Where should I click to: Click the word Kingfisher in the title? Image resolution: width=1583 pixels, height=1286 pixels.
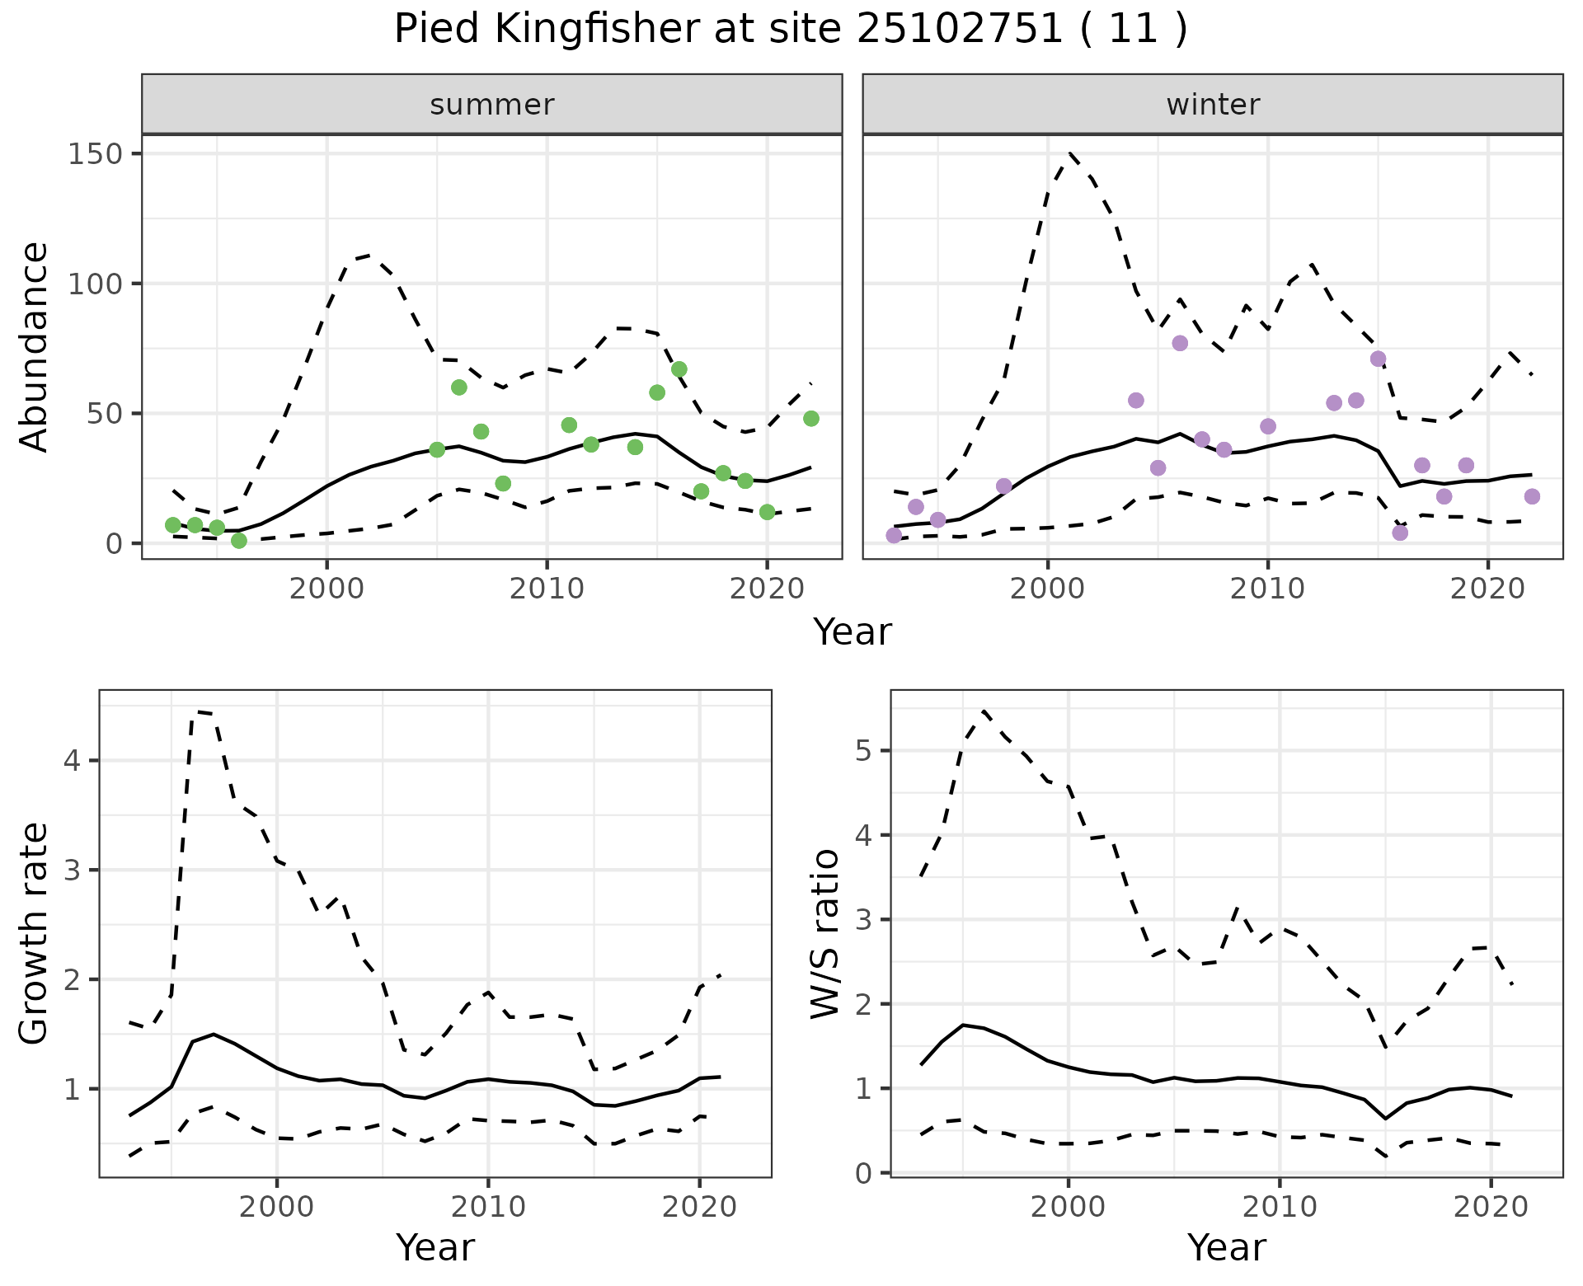586,30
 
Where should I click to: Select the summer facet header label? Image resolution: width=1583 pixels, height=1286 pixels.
492,105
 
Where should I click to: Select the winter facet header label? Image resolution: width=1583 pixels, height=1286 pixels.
1213,105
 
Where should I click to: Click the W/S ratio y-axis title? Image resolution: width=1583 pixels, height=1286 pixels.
824,934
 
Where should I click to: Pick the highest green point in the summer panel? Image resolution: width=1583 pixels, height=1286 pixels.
679,369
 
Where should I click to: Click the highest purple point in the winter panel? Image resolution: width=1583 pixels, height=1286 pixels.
1180,343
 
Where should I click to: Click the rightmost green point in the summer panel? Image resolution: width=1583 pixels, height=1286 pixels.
810,419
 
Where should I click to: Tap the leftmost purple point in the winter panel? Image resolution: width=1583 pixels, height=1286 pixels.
894,536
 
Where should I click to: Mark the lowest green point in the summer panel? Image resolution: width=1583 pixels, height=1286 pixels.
239,541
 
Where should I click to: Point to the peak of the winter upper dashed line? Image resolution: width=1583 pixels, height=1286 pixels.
1070,153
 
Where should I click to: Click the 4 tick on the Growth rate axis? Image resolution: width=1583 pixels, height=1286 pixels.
72,761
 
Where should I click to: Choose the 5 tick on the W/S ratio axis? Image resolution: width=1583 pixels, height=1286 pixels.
863,751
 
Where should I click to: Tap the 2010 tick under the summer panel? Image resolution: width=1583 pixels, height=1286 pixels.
547,589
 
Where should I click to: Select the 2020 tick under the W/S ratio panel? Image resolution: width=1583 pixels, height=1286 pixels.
1491,1208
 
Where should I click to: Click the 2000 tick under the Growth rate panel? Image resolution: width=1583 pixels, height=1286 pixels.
277,1208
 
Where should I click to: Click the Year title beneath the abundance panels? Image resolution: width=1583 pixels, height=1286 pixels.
853,632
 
